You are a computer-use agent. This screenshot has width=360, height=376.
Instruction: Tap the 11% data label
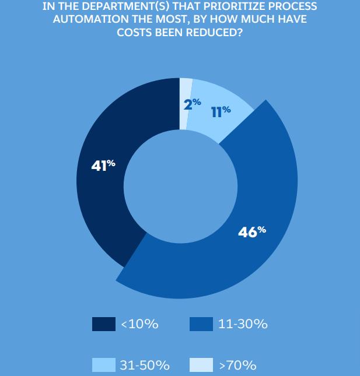[221, 111]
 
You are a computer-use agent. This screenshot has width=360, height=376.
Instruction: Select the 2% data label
[192, 104]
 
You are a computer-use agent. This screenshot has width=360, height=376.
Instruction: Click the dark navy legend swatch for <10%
[103, 324]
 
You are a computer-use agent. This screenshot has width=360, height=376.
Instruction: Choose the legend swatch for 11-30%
[201, 324]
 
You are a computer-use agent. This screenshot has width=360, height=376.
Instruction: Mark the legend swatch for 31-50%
[103, 365]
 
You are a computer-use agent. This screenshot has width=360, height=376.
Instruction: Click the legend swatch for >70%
[201, 365]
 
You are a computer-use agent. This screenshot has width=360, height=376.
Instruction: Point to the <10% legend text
[139, 325]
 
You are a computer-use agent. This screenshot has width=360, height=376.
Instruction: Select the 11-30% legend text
[243, 325]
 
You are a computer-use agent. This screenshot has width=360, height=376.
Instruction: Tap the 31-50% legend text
[144, 366]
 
